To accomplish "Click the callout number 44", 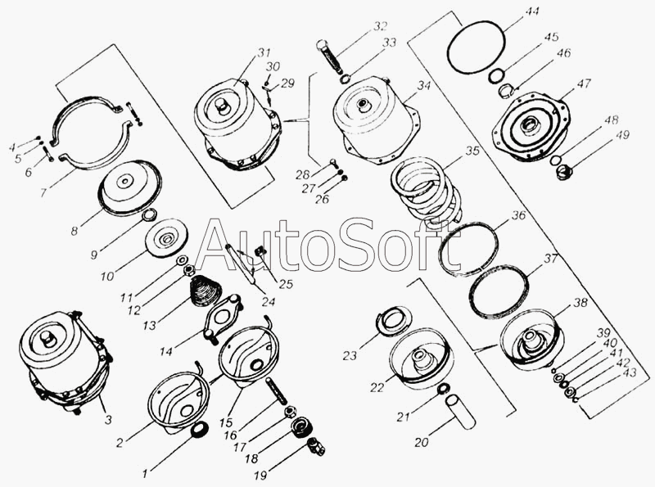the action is point(531,11).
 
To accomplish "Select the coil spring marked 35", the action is point(426,188).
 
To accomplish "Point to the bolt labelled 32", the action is point(330,56).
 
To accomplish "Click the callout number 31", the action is point(264,53).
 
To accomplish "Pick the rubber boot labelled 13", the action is point(206,291).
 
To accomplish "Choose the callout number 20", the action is point(422,441).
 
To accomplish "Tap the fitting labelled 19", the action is point(316,447).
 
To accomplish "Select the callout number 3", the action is point(108,420).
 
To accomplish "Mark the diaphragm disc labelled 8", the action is point(130,187).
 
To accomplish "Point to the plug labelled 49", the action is point(563,172).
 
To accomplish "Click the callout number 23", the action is point(350,355).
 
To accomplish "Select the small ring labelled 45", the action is point(496,76).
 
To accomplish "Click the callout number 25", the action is point(286,285).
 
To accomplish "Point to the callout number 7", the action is point(43,192).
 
